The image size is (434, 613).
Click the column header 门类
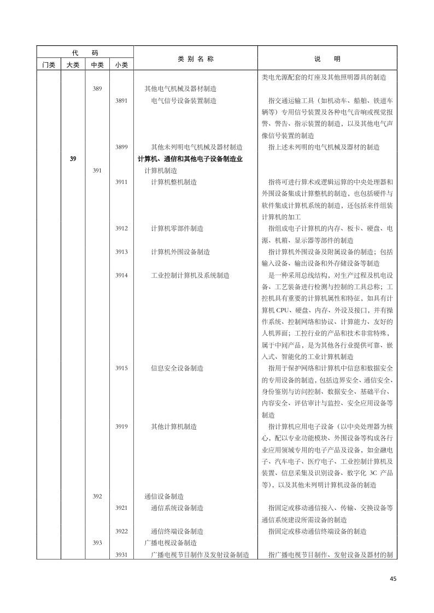point(49,65)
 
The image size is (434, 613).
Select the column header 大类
point(73,65)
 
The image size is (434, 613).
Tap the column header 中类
point(97,65)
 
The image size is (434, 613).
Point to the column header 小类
point(121,65)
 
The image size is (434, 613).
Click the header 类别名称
point(196,59)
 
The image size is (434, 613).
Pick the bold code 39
point(73,159)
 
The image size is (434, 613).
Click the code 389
point(97,88)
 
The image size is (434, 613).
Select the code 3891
point(121,100)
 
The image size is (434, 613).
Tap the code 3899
point(121,147)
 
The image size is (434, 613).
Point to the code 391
point(97,170)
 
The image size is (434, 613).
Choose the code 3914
point(121,276)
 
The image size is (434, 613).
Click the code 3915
point(121,368)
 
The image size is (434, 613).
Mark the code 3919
point(121,426)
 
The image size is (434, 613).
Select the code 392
point(97,496)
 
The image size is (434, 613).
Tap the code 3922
point(121,531)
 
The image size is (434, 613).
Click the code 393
point(97,543)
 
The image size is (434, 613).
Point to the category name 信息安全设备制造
point(177,368)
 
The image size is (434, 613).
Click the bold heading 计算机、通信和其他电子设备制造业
point(190,159)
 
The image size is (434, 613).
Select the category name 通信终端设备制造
point(177,531)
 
